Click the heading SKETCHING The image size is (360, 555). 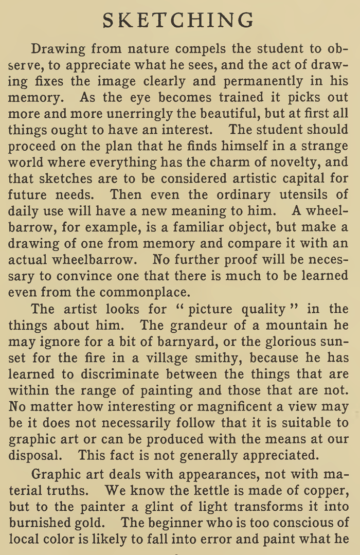point(178,21)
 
